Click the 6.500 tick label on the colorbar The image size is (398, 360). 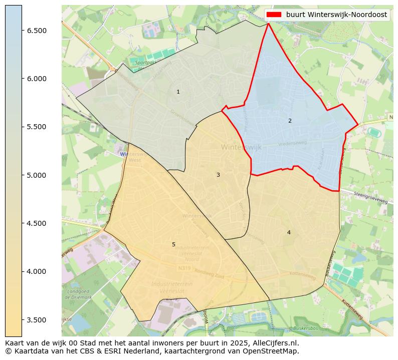(x=37, y=31)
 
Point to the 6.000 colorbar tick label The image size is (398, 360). (x=37, y=79)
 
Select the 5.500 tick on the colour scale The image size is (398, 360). (x=37, y=127)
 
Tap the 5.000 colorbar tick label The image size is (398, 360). (x=37, y=175)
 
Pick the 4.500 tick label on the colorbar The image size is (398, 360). (x=37, y=223)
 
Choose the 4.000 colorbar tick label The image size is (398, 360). (x=37, y=271)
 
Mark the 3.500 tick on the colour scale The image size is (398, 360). (x=37, y=320)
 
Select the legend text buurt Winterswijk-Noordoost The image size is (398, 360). (x=336, y=15)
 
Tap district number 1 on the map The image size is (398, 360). (x=178, y=92)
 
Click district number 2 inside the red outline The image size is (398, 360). (x=290, y=121)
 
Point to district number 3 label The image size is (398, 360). (x=218, y=175)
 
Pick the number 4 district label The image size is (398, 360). (x=289, y=232)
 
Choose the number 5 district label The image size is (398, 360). (x=174, y=244)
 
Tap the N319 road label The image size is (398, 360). (x=185, y=268)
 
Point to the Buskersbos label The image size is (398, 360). (x=306, y=328)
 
